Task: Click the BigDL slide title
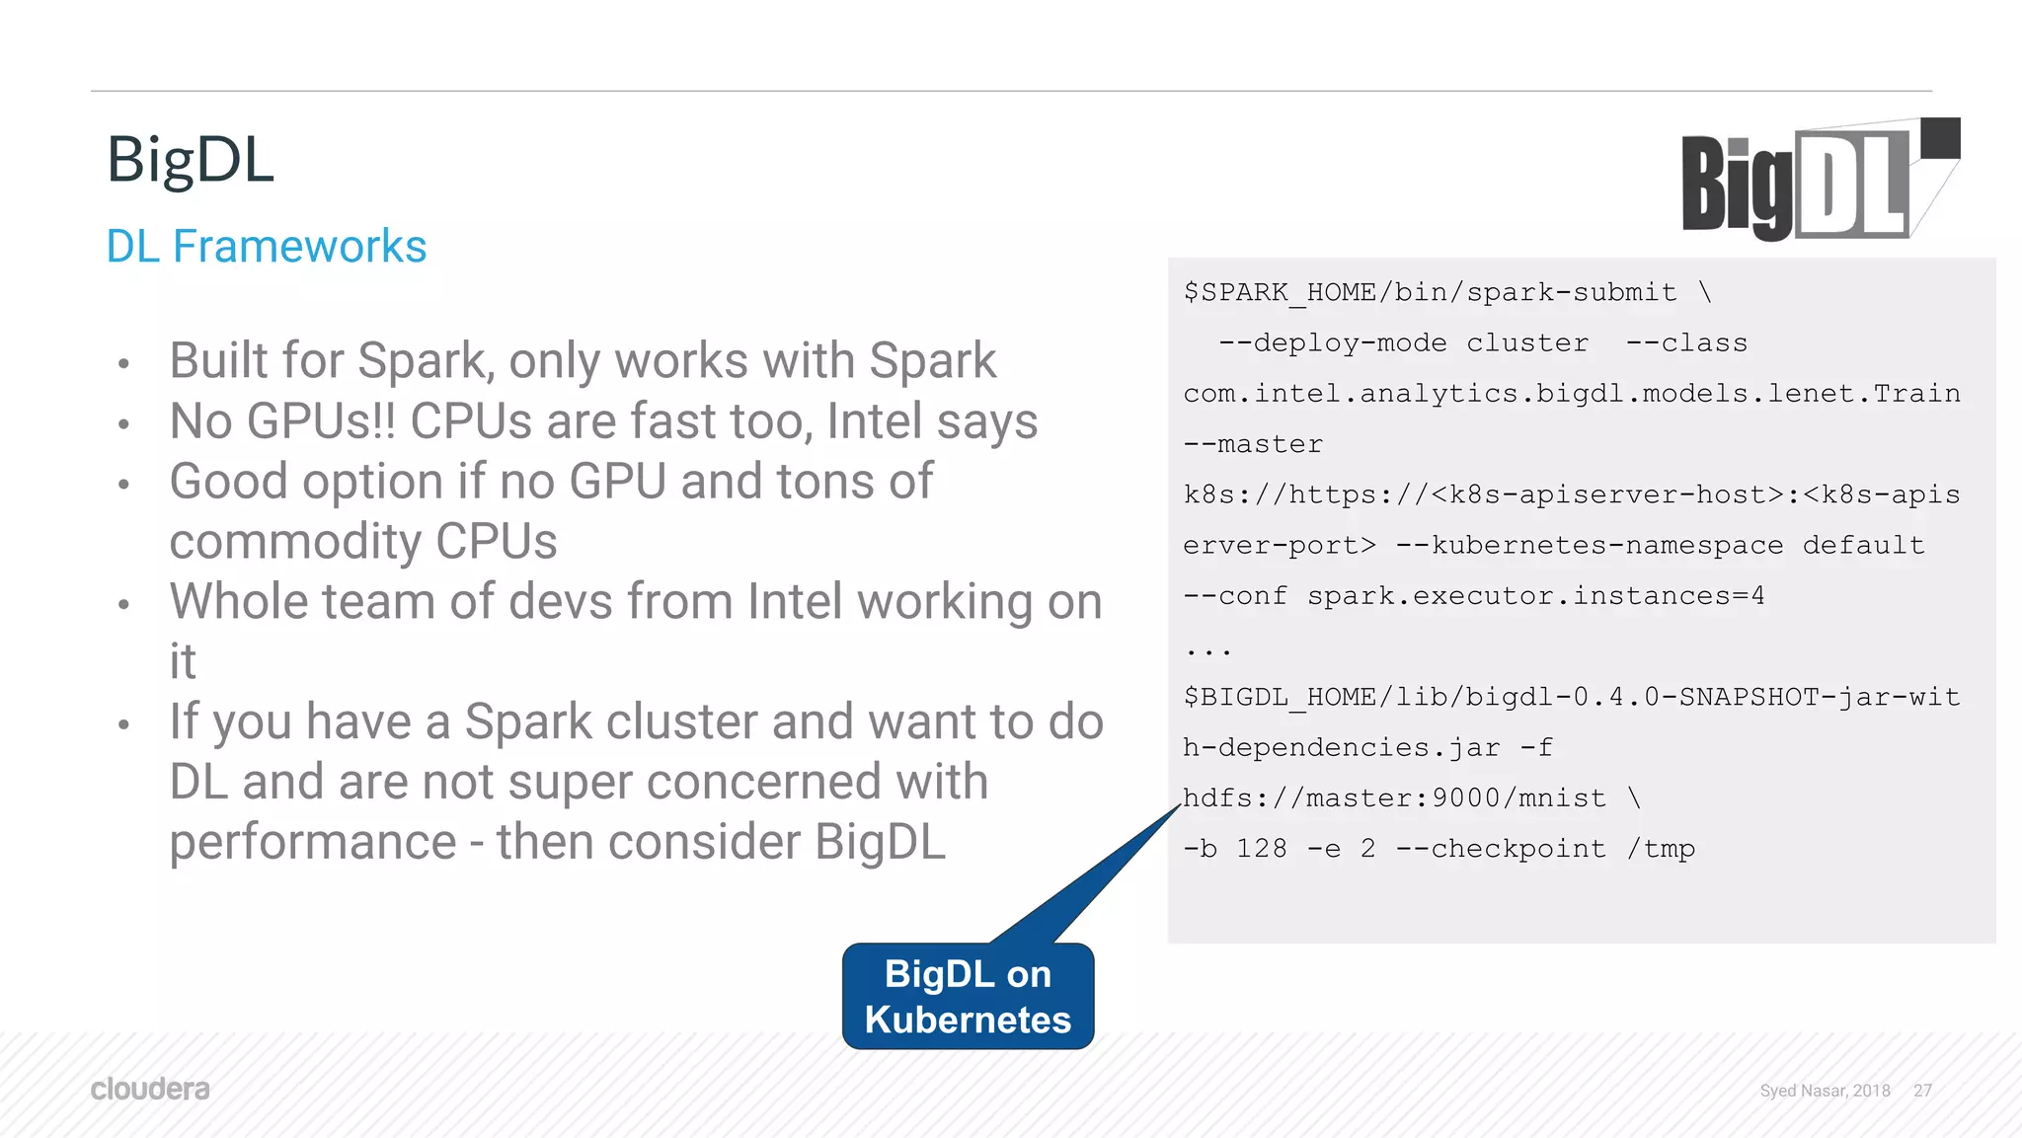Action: [x=190, y=160]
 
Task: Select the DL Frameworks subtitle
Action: [x=266, y=247]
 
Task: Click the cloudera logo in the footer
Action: [x=150, y=1090]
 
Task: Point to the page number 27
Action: [x=1921, y=1091]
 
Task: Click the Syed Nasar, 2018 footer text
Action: [x=1825, y=1091]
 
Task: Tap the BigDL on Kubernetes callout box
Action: [x=968, y=997]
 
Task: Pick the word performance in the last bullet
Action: [x=313, y=843]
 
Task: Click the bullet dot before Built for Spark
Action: [x=123, y=364]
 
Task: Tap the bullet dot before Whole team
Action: [x=123, y=605]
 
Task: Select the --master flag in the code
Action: [x=1253, y=445]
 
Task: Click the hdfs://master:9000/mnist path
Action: [x=1394, y=798]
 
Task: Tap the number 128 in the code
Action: [x=1262, y=849]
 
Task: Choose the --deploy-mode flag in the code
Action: [x=1333, y=343]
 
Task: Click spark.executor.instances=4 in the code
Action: [x=1535, y=596]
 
